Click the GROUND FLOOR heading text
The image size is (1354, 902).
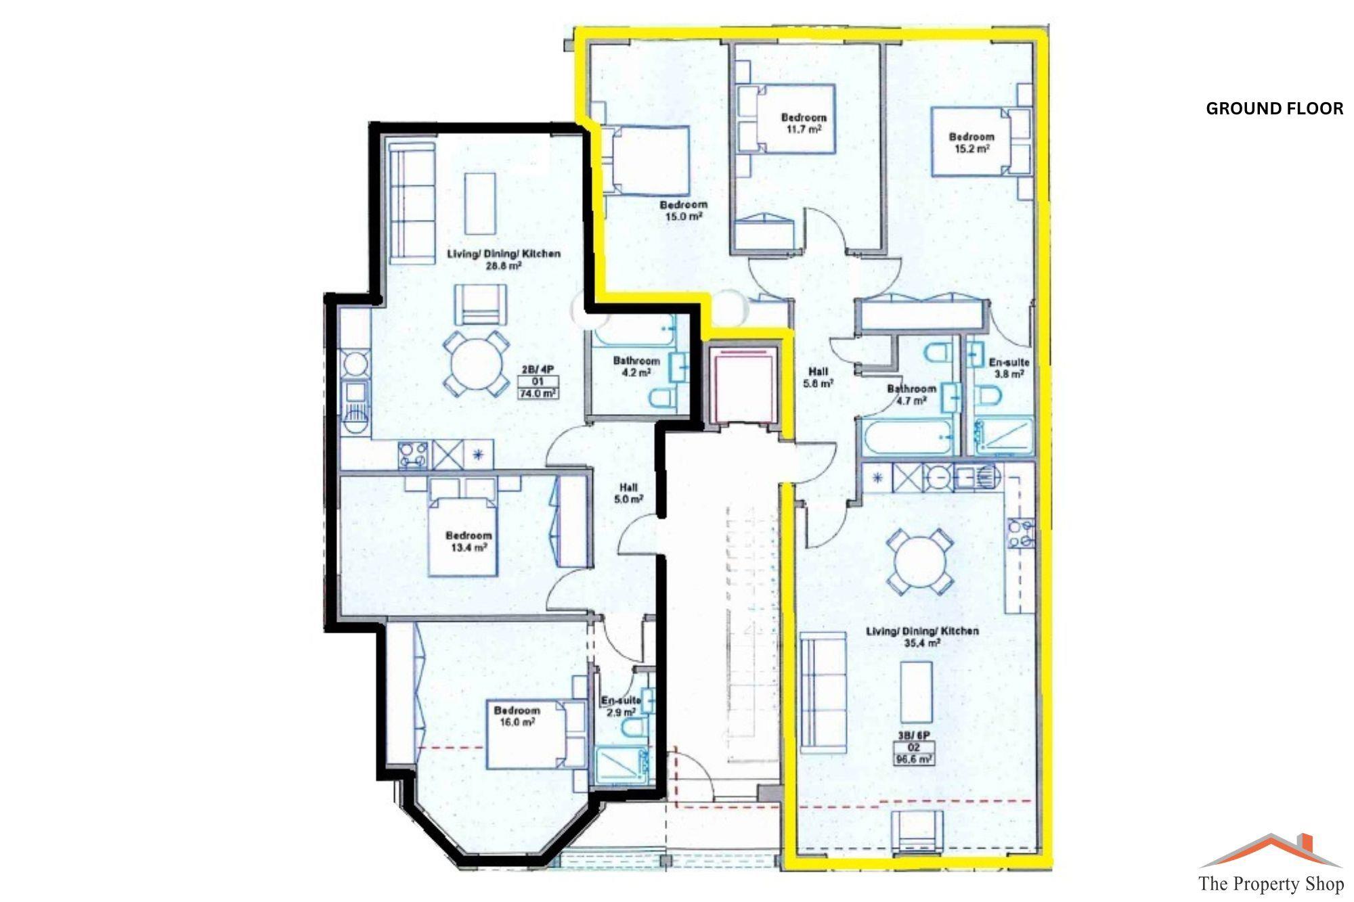pos(1274,109)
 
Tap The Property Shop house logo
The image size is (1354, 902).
pos(1270,851)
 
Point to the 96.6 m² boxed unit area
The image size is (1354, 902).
pos(915,759)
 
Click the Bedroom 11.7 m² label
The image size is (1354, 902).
pos(804,122)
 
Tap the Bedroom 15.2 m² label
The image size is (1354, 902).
pos(971,142)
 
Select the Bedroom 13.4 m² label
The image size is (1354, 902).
pos(468,541)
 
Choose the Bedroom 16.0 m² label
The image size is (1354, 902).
pos(517,716)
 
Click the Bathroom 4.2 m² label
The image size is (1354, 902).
pos(636,366)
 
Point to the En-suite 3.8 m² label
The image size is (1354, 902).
pos(1009,367)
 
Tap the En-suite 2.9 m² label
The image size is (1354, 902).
pos(620,706)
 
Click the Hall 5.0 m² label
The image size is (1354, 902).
pos(628,493)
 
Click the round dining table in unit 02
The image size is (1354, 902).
pos(920,562)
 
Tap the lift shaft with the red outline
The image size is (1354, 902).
pos(743,384)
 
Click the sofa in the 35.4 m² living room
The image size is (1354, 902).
pos(823,692)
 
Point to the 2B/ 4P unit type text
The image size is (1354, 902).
pos(538,369)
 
